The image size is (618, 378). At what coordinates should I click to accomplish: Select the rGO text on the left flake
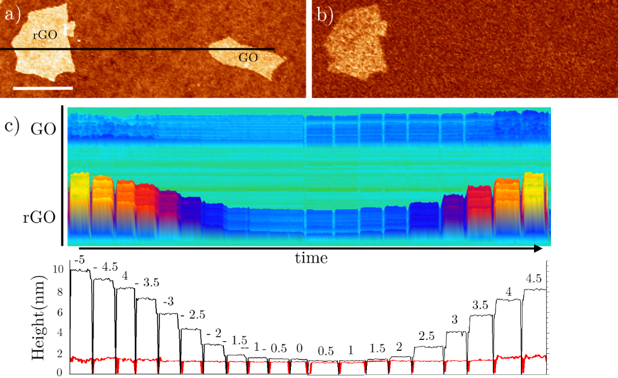pos(45,36)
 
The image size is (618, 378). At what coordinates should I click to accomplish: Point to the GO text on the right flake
pos(248,58)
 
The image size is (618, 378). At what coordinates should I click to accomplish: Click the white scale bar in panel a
pos(42,88)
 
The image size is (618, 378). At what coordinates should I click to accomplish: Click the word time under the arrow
pos(311,258)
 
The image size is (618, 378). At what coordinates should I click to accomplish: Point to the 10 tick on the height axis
pos(58,269)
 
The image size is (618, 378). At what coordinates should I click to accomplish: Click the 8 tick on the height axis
pos(59,290)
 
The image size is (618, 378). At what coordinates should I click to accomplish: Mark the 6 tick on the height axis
pos(59,312)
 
